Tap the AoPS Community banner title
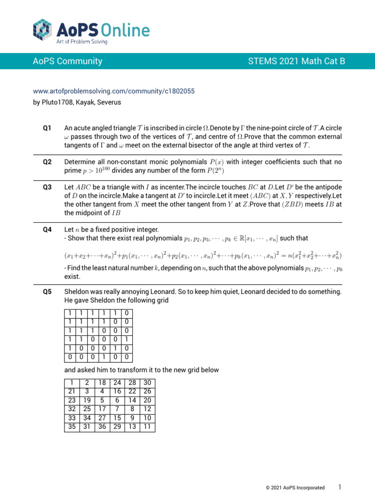67,61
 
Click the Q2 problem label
47,162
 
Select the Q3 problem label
47,187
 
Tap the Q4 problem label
47,229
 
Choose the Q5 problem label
47,292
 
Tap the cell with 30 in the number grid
147,383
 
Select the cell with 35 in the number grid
72,427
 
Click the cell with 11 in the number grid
147,427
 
